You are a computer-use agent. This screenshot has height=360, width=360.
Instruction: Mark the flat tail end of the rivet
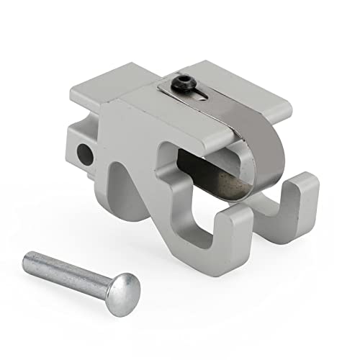[30, 257]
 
